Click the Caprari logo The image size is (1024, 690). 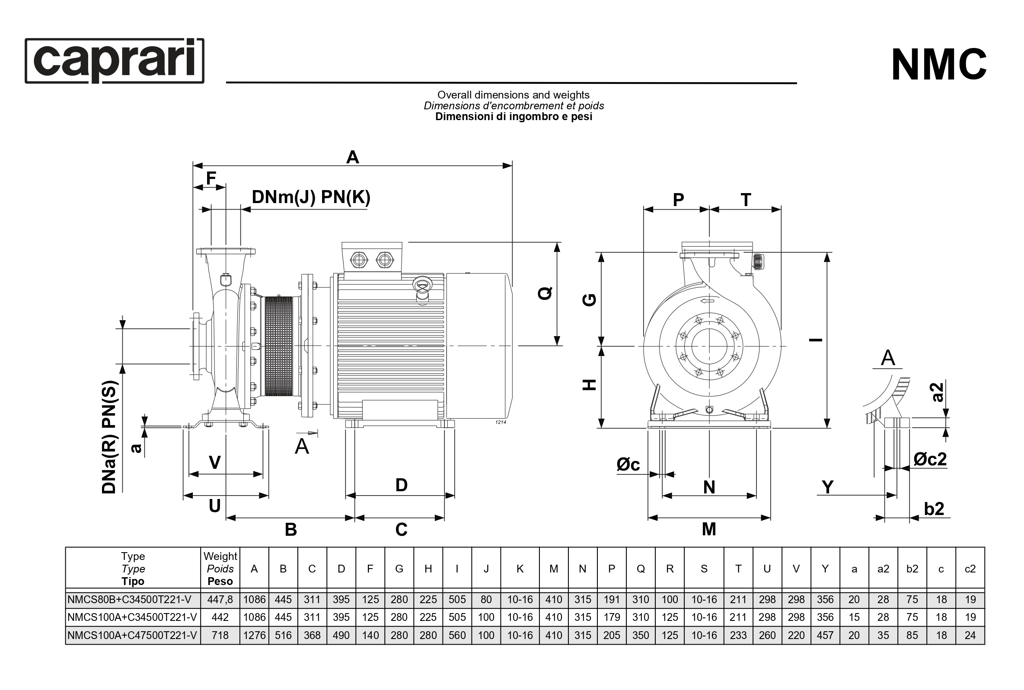click(x=114, y=60)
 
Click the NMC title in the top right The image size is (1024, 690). click(x=938, y=65)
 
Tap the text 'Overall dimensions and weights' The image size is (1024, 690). click(x=513, y=95)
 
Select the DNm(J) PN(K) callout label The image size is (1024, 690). click(x=311, y=197)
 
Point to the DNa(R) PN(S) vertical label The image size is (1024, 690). click(x=109, y=436)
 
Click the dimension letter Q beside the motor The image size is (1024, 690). click(x=545, y=293)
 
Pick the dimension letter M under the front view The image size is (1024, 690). click(x=709, y=529)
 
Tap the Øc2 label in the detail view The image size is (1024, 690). click(x=930, y=459)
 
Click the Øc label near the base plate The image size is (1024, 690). click(x=628, y=464)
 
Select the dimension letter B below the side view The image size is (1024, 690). click(x=290, y=529)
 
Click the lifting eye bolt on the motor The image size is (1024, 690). click(x=422, y=287)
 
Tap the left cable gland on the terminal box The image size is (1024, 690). click(x=358, y=260)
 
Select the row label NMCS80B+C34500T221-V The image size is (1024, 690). click(x=129, y=599)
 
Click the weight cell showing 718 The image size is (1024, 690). click(x=220, y=635)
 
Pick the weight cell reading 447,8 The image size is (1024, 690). click(x=220, y=599)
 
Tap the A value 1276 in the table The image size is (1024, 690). click(x=255, y=635)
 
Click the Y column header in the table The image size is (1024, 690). click(x=825, y=569)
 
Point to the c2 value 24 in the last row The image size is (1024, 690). click(x=970, y=635)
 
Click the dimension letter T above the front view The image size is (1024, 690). click(x=746, y=200)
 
